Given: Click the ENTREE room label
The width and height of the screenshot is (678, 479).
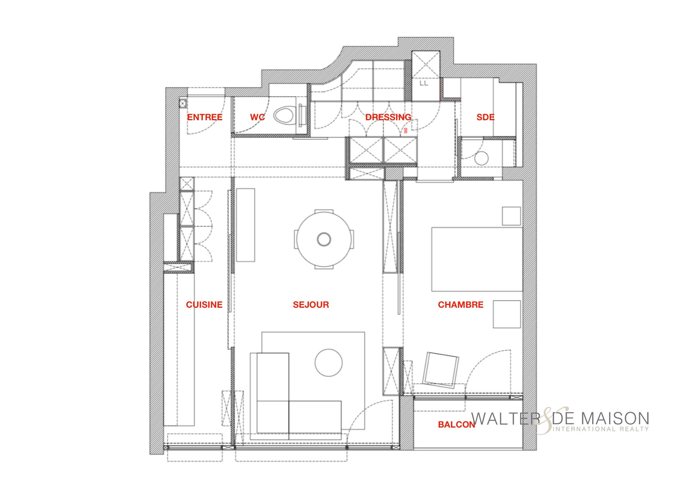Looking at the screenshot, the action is pos(204,117).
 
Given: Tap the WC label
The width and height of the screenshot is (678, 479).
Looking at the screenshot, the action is pos(257,117).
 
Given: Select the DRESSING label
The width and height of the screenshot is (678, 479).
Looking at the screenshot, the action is pos(388,117).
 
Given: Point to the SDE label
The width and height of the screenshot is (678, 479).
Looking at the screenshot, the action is pos(486,117).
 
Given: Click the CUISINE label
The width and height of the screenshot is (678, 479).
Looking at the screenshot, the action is pos(204,305).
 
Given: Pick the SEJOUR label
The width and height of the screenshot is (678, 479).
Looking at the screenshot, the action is pos(311,305).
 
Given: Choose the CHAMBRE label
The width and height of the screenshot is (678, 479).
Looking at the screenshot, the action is pos(460,305).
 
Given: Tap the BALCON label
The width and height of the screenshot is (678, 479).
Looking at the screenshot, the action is pos(456,424).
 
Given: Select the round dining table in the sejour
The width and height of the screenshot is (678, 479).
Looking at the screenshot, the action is pos(324,239).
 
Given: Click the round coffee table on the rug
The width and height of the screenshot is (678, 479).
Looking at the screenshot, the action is pos(329,363).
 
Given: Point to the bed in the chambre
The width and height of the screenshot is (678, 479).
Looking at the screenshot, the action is pos(477,259).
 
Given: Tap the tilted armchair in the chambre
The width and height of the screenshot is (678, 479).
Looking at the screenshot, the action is pos(441,369).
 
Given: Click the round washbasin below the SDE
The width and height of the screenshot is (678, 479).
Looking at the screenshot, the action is pos(482,159).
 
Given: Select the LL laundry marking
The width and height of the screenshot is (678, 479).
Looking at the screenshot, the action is pos(424,83).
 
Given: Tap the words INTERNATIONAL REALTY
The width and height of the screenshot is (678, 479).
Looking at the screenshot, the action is pos(601,429).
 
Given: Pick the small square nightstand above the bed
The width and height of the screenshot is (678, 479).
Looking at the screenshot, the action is pos(511,216).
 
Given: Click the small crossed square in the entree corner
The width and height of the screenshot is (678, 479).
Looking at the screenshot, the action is pos(183,103).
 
